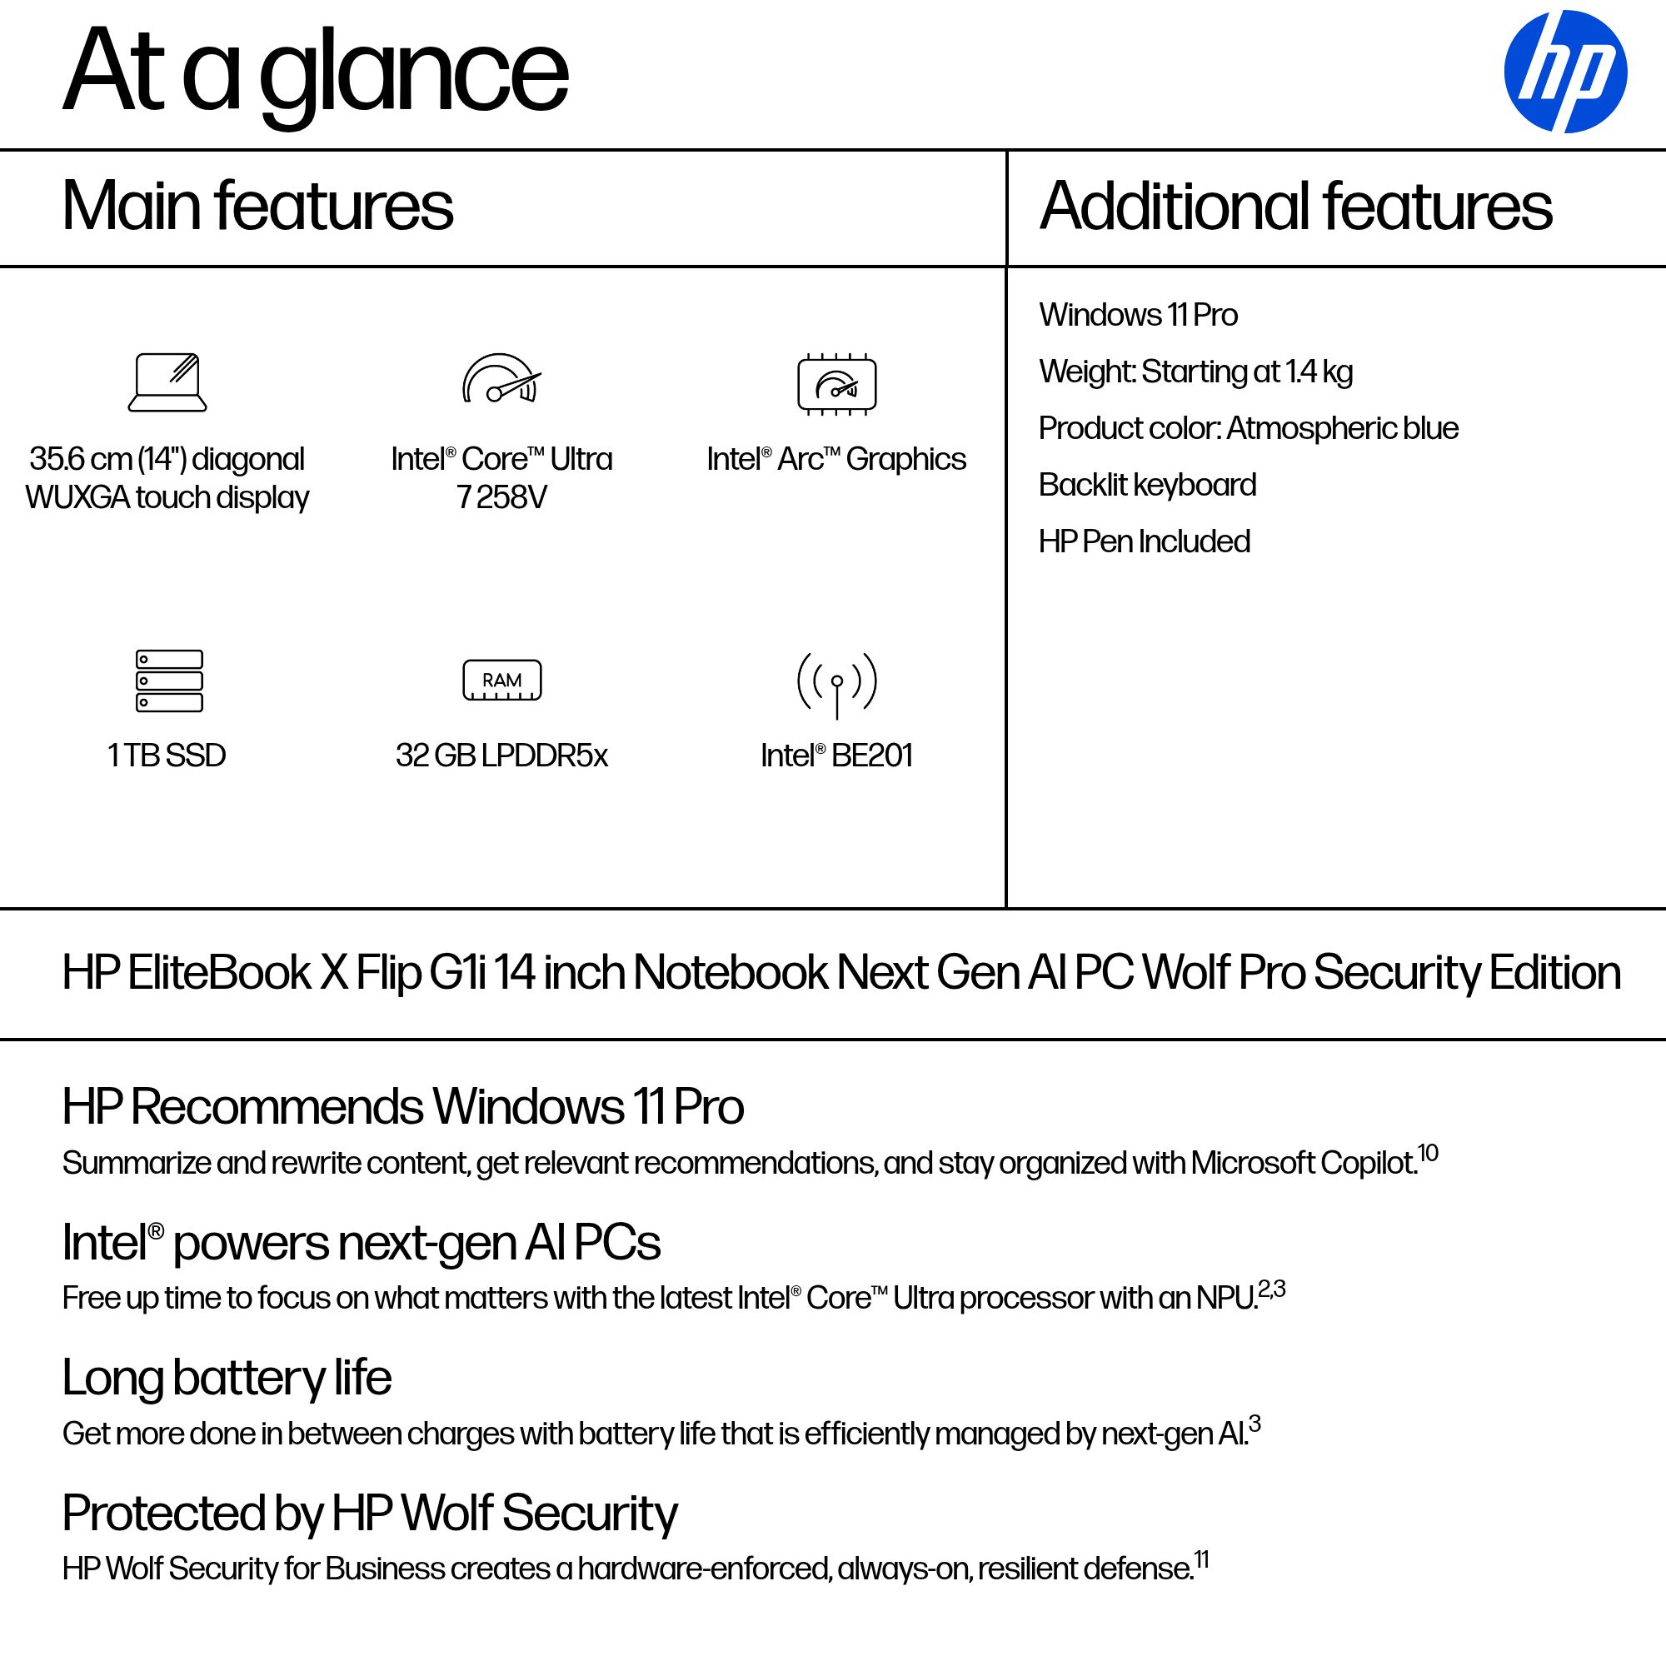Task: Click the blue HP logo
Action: coord(1564,72)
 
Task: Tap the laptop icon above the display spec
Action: coord(167,383)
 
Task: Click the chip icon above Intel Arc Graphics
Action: coord(836,385)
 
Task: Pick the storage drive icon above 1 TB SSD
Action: coord(169,681)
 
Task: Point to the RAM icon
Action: coord(501,681)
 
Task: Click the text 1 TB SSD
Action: coord(167,756)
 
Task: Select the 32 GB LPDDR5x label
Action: coord(501,756)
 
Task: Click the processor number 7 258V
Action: coord(501,497)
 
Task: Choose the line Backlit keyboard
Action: coord(1147,485)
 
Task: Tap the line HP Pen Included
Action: coord(1144,541)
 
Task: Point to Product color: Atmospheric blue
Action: coord(1248,427)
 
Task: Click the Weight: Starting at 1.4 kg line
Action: coord(1195,372)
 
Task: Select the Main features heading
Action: coord(257,206)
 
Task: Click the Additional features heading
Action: coord(1295,206)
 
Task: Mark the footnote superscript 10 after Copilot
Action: coord(1428,1153)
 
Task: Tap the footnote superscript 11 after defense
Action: coord(1201,1560)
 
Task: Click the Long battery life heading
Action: coord(227,1377)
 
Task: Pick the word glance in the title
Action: coord(414,73)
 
